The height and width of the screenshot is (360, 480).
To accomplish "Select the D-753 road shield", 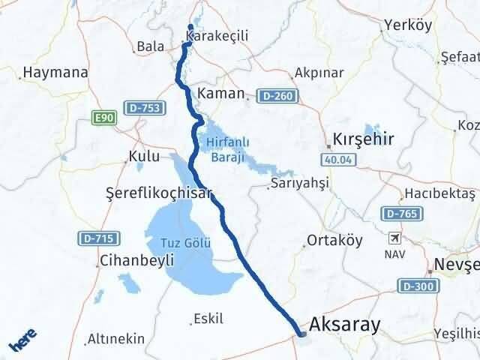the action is (x=140, y=109).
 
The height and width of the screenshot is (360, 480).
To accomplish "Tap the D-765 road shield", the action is (x=400, y=214).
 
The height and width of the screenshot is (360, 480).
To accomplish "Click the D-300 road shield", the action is (x=418, y=285).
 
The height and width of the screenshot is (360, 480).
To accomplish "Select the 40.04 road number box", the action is (x=337, y=159).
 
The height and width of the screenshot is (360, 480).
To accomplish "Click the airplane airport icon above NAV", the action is (x=395, y=239).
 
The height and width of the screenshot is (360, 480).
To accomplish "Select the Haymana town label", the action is (x=55, y=73).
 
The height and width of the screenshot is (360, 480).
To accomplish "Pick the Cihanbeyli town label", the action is (x=135, y=260).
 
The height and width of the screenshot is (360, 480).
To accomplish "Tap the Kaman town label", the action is (x=221, y=94).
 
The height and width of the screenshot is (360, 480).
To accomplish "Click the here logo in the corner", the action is (x=22, y=342).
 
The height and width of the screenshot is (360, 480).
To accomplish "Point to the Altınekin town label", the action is (x=115, y=338).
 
